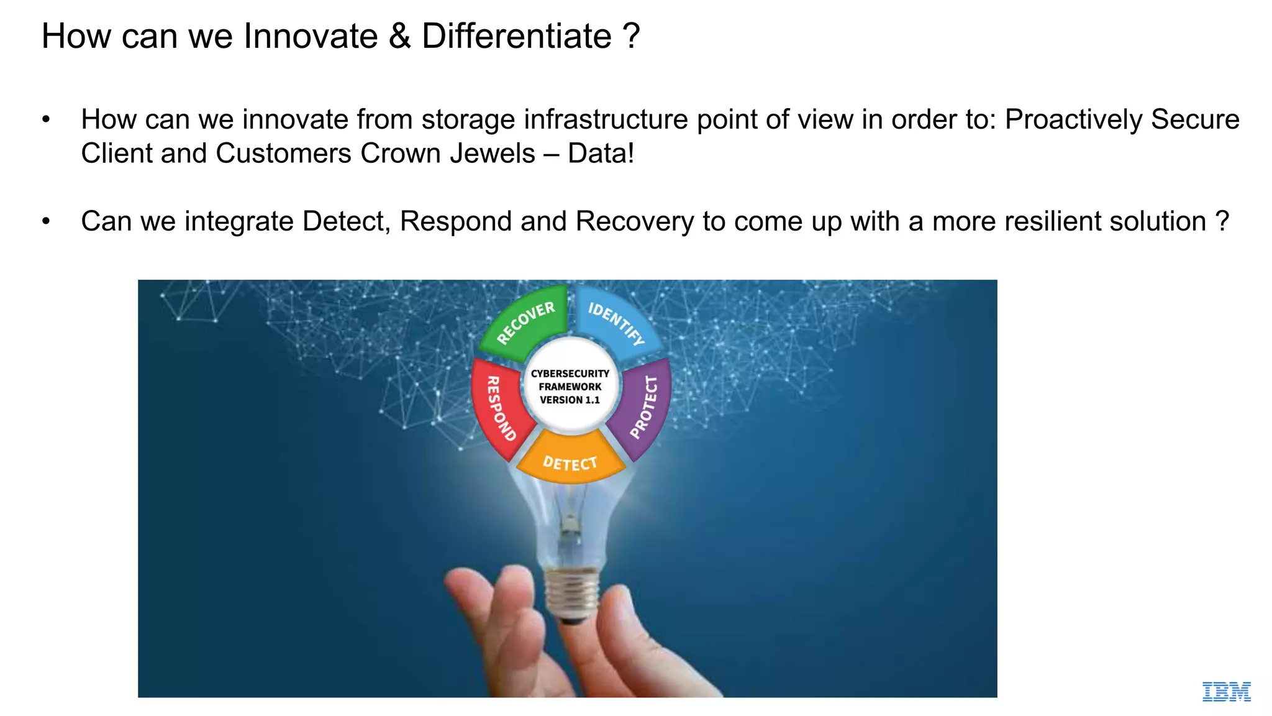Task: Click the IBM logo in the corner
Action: pos(1226,692)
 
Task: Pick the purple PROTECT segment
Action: pos(642,407)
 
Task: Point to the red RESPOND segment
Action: pos(499,407)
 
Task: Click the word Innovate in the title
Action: pos(311,36)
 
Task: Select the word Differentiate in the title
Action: pos(517,36)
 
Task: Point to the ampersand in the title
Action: pos(400,36)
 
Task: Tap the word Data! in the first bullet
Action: pos(601,154)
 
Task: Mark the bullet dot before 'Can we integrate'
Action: pos(46,221)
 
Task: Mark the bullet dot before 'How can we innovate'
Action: pos(46,119)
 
